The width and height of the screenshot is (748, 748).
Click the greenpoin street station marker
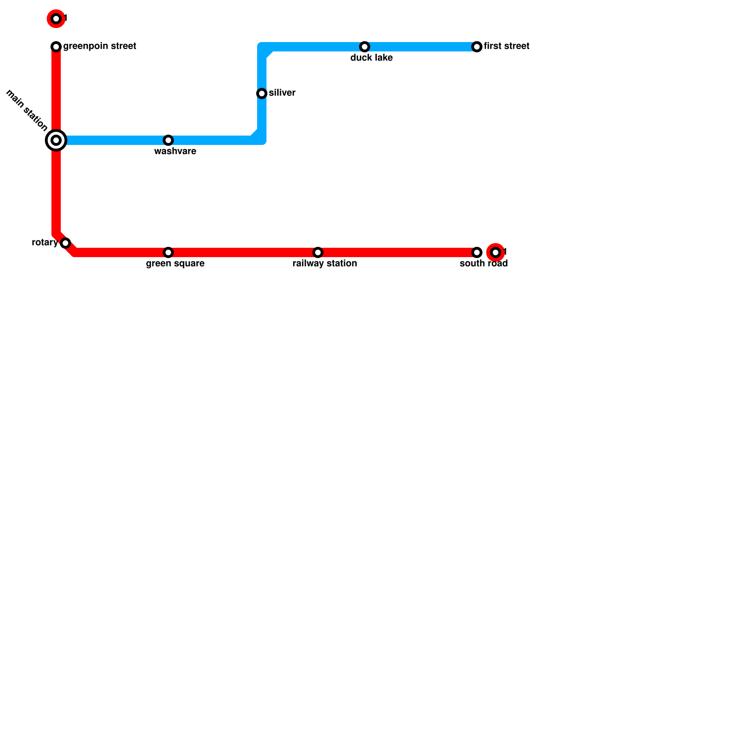tap(56, 47)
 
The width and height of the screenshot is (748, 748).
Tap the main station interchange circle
tap(56, 140)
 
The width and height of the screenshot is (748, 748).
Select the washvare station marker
tap(168, 140)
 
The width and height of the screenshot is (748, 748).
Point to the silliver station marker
tap(262, 93)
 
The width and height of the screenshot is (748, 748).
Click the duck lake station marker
tap(365, 47)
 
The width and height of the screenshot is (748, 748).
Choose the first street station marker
tap(477, 47)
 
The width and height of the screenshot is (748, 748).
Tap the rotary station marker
tap(65, 243)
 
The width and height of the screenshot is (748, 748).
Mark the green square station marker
tap(168, 252)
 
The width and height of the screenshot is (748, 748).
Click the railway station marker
tap(318, 252)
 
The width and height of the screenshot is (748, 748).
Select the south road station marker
tap(477, 252)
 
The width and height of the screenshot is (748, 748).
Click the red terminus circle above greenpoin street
tap(56, 19)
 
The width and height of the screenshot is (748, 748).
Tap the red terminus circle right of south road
tap(496, 252)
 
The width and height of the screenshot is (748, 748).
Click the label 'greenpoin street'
tap(100, 46)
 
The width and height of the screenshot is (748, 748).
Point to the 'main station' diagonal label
tap(27, 110)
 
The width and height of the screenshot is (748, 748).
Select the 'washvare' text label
tap(175, 151)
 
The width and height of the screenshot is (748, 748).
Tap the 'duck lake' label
tap(372, 58)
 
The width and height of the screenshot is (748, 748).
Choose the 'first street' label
tap(507, 46)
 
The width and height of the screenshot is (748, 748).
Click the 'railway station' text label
tap(325, 264)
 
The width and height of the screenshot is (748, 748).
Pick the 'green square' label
tap(175, 264)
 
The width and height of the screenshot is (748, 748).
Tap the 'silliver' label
tap(282, 93)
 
